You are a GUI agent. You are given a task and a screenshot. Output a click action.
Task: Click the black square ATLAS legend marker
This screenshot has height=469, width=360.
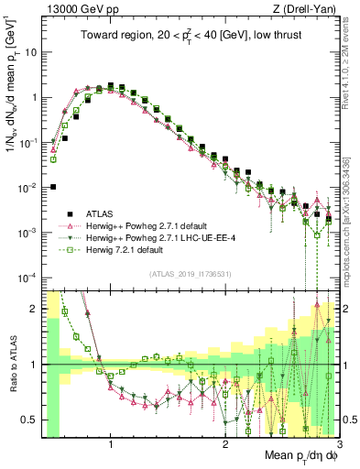69,213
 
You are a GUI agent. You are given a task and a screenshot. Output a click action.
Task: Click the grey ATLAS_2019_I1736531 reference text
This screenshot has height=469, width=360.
190,272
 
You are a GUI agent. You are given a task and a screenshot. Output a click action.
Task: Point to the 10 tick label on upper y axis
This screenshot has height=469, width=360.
30,52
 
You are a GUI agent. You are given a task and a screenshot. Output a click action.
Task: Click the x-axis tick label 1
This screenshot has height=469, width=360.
111,448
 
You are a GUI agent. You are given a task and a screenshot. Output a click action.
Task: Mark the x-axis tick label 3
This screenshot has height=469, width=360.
337,448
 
